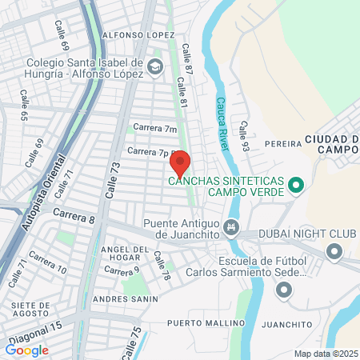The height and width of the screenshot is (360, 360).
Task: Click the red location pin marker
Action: pyautogui.click(x=180, y=163)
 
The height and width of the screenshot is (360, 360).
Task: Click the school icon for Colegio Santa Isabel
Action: pyautogui.click(x=154, y=69)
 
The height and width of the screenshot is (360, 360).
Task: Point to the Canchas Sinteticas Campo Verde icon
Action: pyautogui.click(x=295, y=186)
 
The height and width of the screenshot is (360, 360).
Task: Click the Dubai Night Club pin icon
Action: pyautogui.click(x=334, y=253)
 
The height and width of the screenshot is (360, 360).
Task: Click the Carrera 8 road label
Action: pyautogui.click(x=74, y=216)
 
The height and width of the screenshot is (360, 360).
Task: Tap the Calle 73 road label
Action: pyautogui.click(x=111, y=181)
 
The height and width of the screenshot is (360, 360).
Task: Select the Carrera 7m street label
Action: pyautogui.click(x=154, y=128)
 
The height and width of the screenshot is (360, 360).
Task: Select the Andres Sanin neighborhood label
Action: pyautogui.click(x=122, y=298)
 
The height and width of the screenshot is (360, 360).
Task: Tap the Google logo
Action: pyautogui.click(x=26, y=350)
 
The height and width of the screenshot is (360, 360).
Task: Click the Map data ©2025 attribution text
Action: pyautogui.click(x=324, y=354)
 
